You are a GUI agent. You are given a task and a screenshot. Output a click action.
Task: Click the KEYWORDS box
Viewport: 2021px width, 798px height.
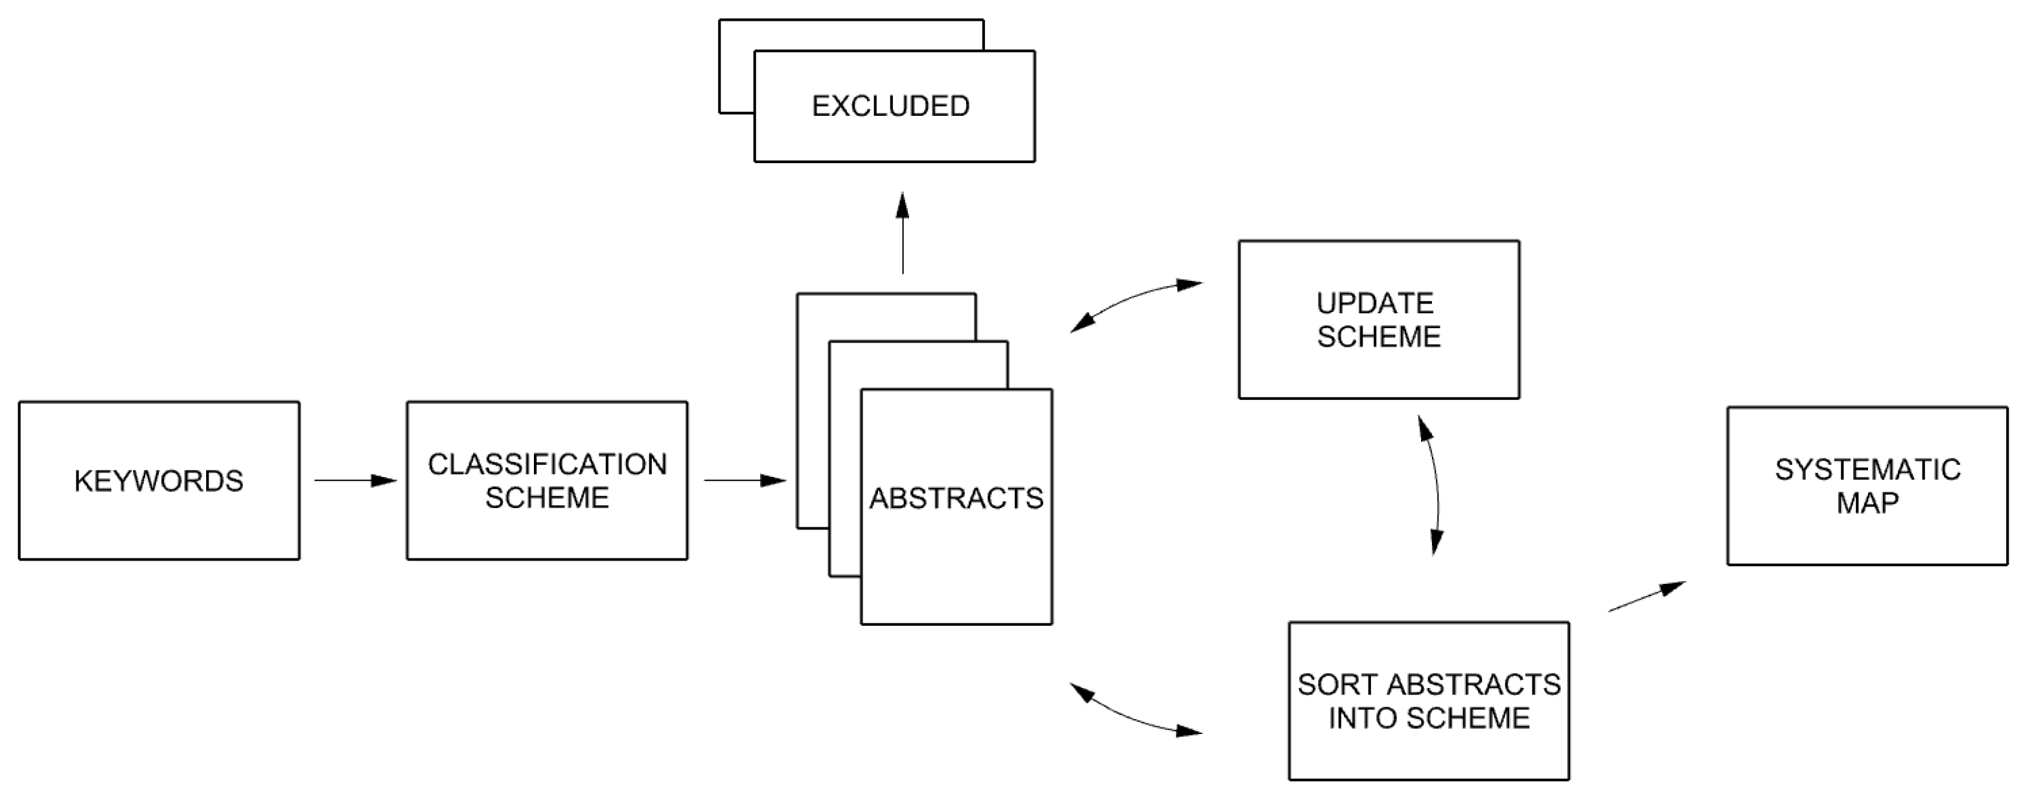(x=159, y=480)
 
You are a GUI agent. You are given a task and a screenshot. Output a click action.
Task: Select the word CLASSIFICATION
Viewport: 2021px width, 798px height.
(x=547, y=464)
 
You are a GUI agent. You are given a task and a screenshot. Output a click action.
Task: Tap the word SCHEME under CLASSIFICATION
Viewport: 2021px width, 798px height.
(x=547, y=498)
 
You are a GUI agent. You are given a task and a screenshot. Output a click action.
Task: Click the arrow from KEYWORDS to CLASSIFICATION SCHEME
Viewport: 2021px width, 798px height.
(x=354, y=480)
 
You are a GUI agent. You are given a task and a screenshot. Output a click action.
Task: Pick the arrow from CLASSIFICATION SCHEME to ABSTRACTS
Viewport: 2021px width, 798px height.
(x=745, y=480)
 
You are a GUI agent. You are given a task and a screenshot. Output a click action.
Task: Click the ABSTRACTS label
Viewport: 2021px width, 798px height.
(x=956, y=498)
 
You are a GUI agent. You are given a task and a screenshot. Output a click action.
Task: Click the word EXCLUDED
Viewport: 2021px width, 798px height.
(x=890, y=106)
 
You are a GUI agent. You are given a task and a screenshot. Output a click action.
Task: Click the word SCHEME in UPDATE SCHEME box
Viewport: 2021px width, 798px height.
(x=1378, y=337)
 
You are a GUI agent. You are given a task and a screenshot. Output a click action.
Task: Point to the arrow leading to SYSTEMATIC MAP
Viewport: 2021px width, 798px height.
(x=1646, y=597)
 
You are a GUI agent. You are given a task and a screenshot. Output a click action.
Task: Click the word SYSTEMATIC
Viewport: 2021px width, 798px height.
(x=1867, y=470)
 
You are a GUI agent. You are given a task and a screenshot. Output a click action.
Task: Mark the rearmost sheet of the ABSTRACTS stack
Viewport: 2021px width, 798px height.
(x=812, y=408)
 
